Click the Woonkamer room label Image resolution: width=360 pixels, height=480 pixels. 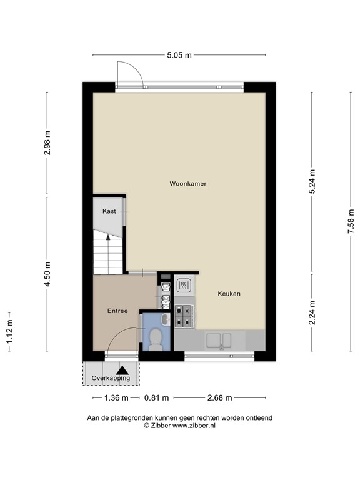point(188,184)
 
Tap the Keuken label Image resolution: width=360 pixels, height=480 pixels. point(229,294)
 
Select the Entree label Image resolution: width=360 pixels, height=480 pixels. point(117,311)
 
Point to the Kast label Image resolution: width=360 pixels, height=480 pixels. point(109,211)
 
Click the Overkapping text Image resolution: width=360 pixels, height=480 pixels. point(111,378)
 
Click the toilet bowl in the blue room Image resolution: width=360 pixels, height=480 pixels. point(156,339)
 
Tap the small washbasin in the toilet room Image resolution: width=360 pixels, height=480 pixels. point(166,319)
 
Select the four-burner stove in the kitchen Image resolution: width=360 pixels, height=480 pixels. point(184,316)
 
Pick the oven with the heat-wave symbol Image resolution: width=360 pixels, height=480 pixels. point(184,286)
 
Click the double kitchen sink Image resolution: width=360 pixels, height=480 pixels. point(219,341)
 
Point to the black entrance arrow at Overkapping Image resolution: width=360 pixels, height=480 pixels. point(124,371)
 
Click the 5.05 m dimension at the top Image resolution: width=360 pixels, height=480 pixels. point(179,55)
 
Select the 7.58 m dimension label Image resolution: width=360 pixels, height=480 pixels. point(351,221)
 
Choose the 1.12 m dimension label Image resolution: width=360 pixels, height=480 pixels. point(9,331)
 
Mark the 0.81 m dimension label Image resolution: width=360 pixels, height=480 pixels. point(156,398)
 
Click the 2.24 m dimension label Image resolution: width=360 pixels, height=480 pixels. point(312,312)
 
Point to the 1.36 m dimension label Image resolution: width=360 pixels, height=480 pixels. point(116,398)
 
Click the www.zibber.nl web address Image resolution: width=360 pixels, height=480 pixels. point(194,426)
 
